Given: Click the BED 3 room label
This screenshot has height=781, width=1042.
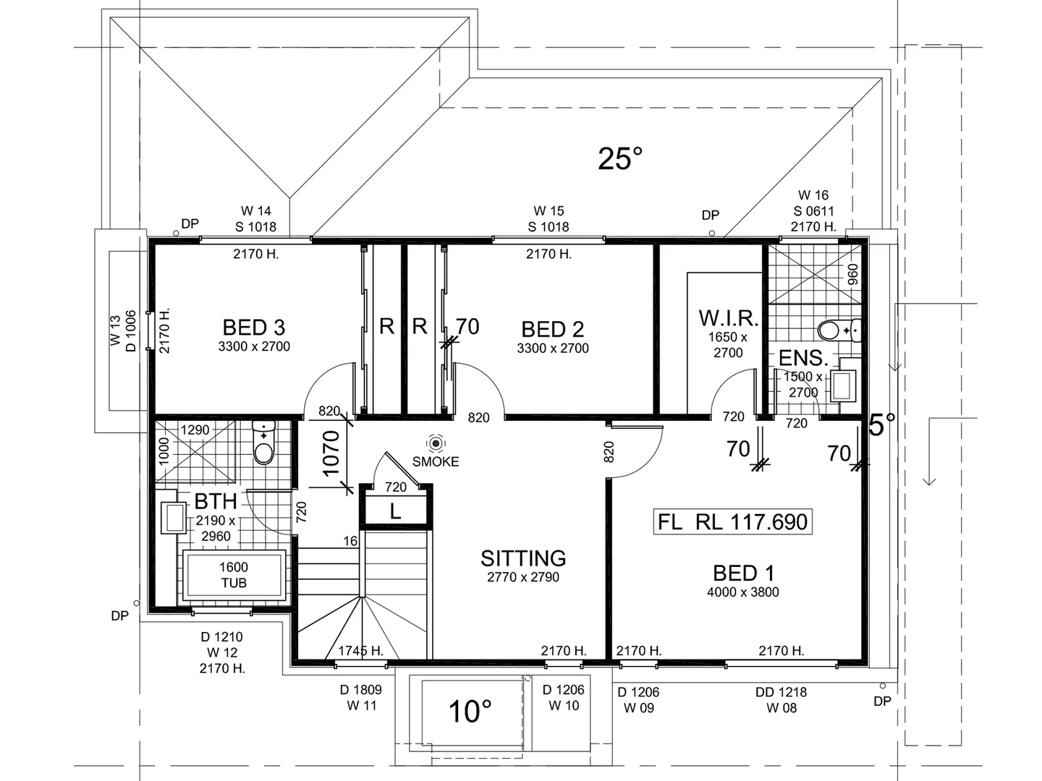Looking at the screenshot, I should click(x=254, y=328).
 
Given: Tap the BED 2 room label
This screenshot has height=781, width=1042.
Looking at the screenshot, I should click(x=553, y=330).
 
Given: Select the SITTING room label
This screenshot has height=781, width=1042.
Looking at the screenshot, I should click(x=523, y=558).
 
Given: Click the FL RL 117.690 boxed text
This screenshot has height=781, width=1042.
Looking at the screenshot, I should click(x=732, y=521).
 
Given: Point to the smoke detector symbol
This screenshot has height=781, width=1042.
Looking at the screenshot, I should click(x=436, y=443).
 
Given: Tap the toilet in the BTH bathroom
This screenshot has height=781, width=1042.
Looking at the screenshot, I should click(x=264, y=443).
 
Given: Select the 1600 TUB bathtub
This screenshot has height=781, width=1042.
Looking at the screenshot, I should click(x=234, y=576).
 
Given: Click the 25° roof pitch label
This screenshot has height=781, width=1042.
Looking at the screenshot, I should click(x=620, y=158).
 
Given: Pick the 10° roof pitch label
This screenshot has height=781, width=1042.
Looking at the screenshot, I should click(x=470, y=712).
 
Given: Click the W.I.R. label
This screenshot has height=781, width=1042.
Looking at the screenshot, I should click(x=728, y=318).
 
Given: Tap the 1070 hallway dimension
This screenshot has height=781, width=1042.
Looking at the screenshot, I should click(x=331, y=454).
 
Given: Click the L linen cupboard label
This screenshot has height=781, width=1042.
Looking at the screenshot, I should click(x=395, y=512).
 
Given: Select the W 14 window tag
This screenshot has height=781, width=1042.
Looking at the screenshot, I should click(x=256, y=211).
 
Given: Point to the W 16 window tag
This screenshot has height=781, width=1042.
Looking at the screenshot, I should click(x=813, y=195).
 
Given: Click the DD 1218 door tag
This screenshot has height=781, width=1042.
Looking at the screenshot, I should click(x=781, y=692).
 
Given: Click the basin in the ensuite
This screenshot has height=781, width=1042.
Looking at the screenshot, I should click(x=842, y=385).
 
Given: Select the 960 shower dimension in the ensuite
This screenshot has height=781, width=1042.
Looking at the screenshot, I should click(x=852, y=274).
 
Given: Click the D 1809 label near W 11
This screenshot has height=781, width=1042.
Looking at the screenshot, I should click(x=361, y=690).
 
